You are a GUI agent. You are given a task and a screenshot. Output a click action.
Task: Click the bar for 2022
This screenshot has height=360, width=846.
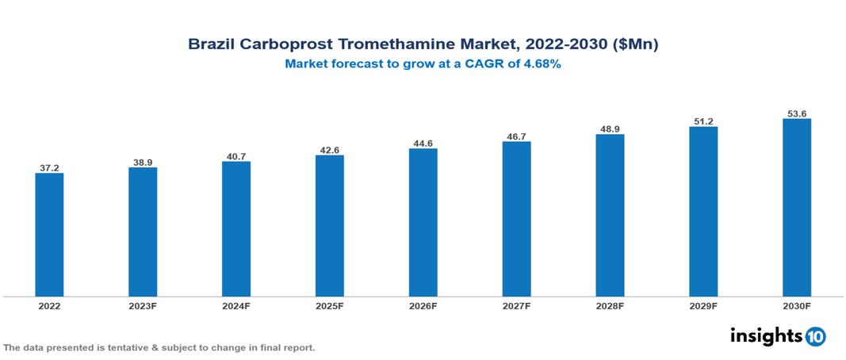coord(49,234)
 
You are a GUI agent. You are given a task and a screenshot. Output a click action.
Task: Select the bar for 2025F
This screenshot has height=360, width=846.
coord(330,225)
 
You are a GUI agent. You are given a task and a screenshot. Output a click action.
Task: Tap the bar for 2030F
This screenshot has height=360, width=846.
coord(796,208)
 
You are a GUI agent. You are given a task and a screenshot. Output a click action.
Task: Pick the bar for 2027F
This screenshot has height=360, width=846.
coord(516,219)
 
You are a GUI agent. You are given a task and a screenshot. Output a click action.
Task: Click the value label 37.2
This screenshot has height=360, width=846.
coord(49,168)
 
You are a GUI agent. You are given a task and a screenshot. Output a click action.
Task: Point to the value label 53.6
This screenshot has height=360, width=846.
coord(796,113)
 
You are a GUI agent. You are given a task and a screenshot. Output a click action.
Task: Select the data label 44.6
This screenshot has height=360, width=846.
coord(423,144)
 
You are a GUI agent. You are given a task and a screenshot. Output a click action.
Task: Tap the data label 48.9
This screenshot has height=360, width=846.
coord(610,128)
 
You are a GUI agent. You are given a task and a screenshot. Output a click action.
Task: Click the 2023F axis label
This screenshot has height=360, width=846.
coord(143,305)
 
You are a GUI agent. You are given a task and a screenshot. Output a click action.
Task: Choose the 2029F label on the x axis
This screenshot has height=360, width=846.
coord(703,305)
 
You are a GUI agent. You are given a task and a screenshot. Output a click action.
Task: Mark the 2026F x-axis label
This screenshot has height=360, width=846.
coord(423,305)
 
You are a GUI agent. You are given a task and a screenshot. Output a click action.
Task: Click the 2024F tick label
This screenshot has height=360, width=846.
coord(236,305)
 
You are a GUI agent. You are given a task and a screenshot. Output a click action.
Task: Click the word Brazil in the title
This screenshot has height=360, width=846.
coord(212,44)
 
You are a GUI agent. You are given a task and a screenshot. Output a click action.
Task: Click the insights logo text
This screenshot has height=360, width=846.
coord(766,336)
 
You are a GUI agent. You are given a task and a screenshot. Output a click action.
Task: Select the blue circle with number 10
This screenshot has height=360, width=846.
coord(815,337)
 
